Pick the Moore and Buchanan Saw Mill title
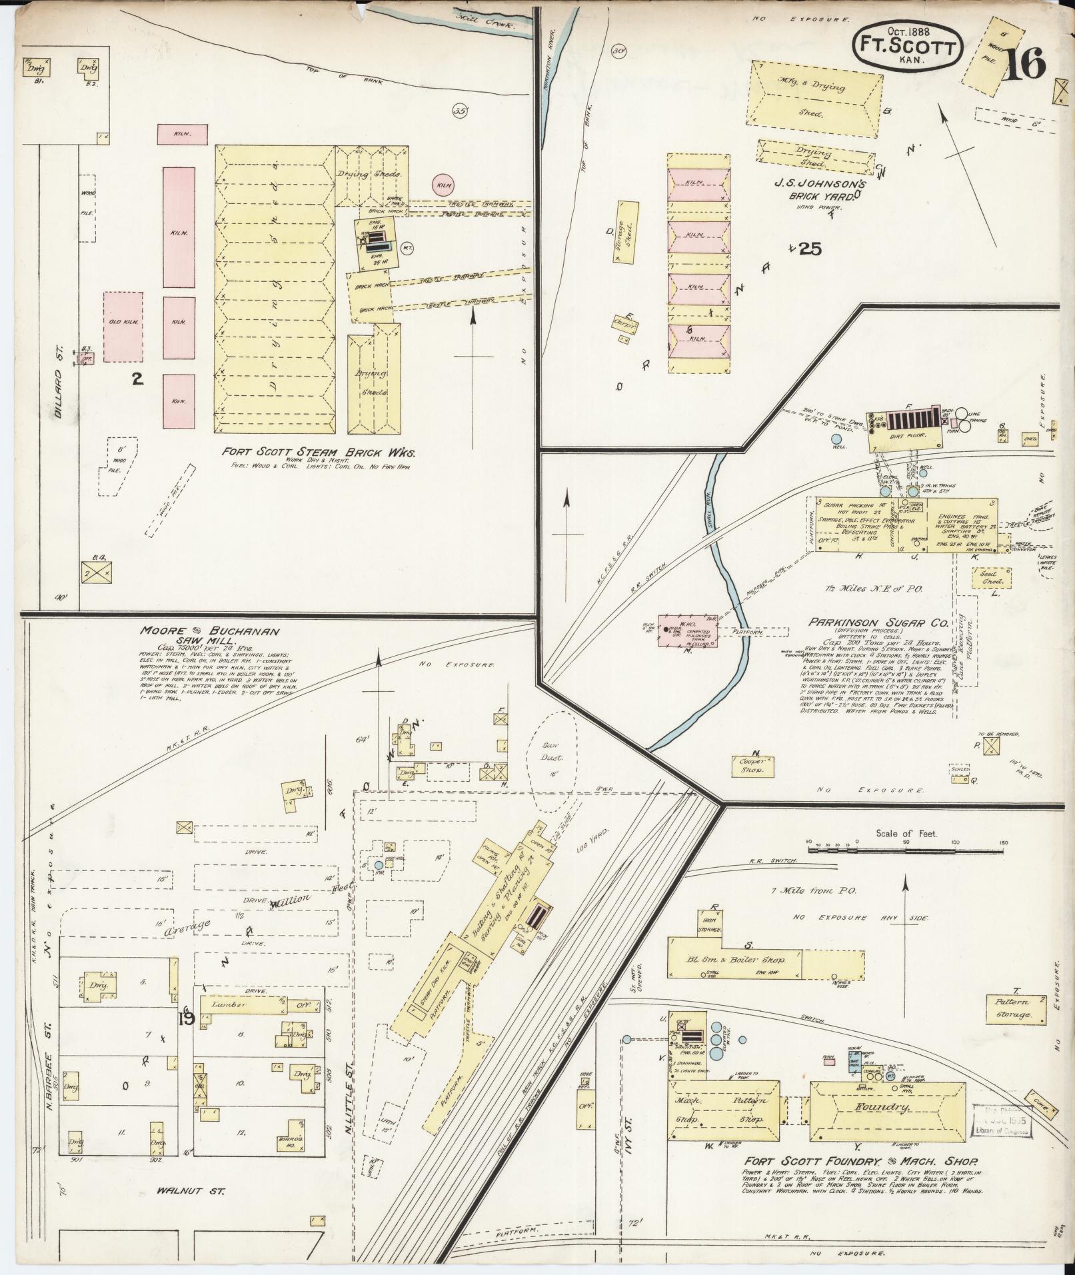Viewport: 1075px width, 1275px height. click(x=209, y=635)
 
